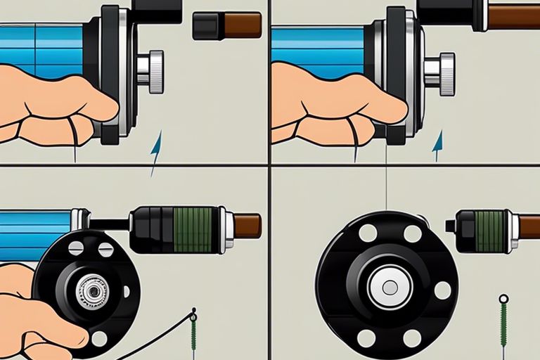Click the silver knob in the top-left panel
coord(153,72)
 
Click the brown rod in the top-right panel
coord(513,16)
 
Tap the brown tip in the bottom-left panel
coord(247,226)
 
